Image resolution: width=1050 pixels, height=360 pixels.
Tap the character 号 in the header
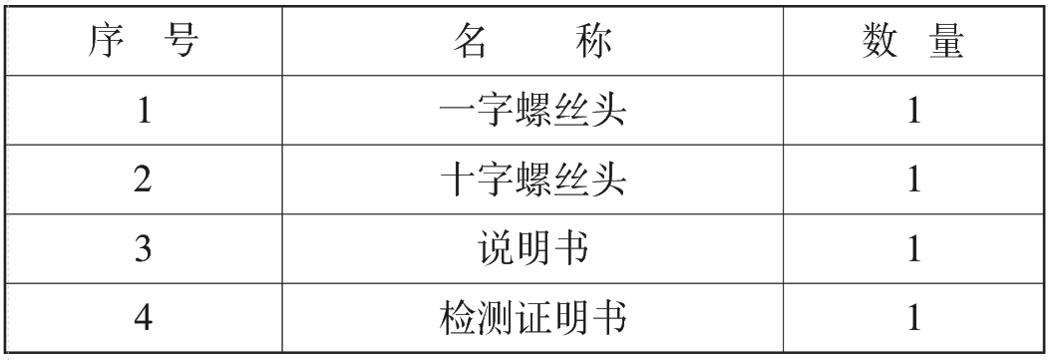[179, 43]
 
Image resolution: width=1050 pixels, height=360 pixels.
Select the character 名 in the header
[475, 43]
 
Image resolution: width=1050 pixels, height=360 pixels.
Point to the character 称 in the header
[591, 43]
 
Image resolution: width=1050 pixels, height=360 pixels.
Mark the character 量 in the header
[943, 43]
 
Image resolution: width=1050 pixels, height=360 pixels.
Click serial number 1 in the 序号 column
[144, 111]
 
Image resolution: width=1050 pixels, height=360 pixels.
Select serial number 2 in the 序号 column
[144, 180]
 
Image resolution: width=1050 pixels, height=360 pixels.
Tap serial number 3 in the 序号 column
[144, 248]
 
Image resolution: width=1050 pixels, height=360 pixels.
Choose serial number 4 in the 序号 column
[144, 317]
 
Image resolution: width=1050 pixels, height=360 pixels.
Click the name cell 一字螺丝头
[533, 111]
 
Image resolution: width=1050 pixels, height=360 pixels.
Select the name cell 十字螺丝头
[533, 180]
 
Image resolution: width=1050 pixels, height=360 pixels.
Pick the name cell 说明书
[533, 248]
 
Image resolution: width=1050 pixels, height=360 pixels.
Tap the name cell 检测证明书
[533, 317]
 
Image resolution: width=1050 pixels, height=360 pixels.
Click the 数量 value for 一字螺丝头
[913, 111]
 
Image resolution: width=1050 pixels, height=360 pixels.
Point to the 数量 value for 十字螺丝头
[913, 180]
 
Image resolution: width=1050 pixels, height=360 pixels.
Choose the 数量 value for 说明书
[913, 248]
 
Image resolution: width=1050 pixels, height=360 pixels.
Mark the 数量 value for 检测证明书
[913, 317]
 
